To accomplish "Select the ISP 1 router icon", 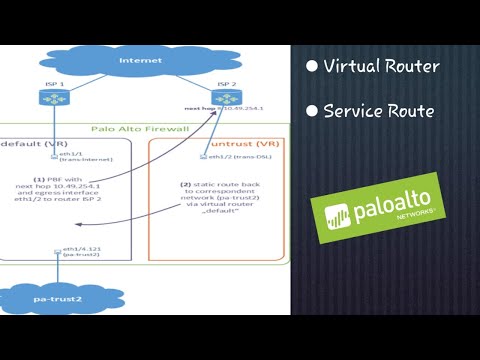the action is point(52,99).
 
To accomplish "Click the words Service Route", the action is point(379,111).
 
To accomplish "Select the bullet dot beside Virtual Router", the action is point(312,67).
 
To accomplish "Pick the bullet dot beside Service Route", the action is point(312,111).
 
